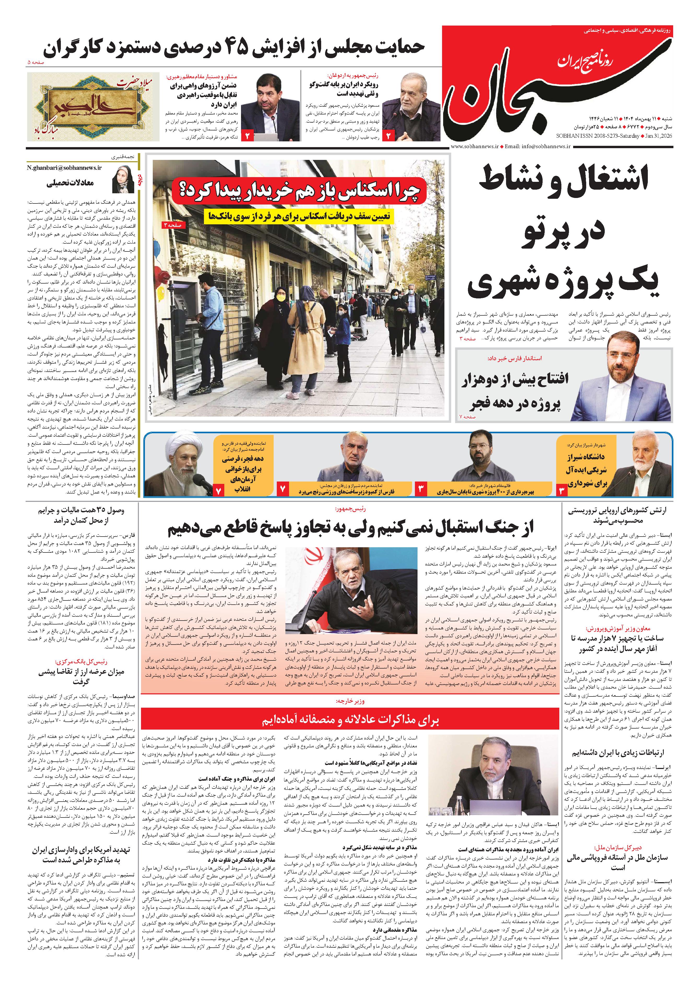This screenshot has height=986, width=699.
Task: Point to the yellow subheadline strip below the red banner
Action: [x=299, y=216]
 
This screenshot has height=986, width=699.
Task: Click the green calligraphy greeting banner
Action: [x=92, y=107]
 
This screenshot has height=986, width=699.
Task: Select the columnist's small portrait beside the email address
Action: [x=123, y=179]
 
